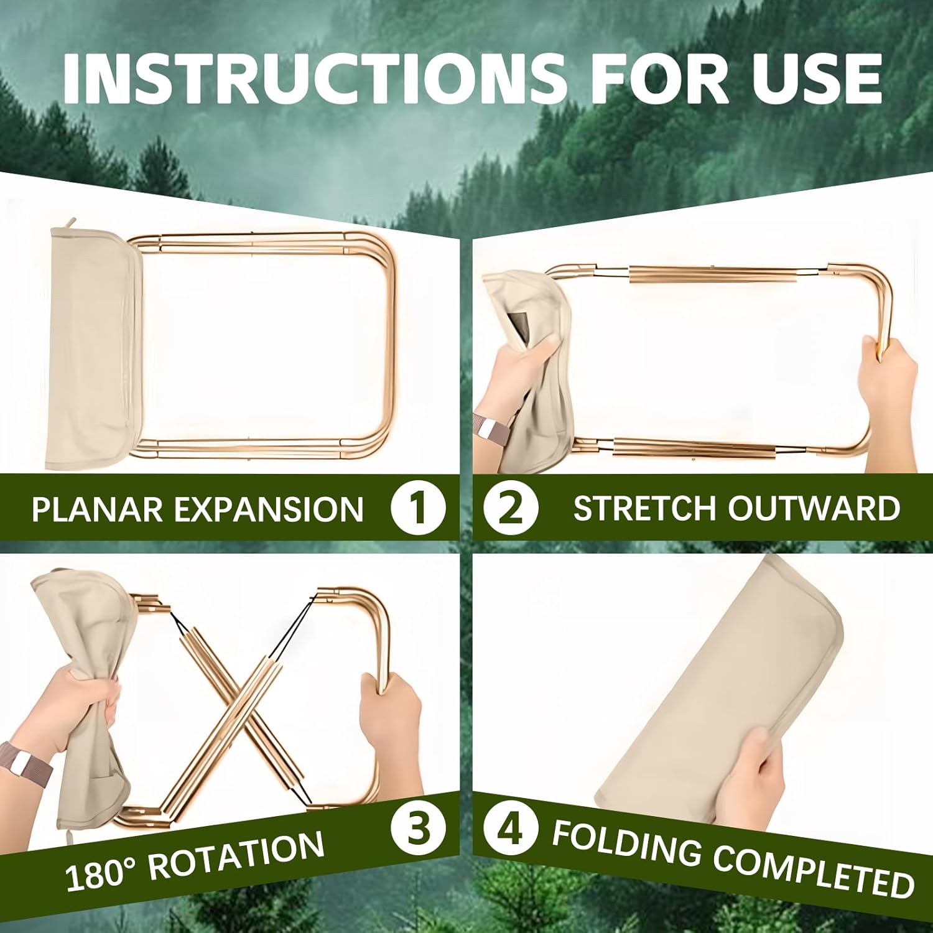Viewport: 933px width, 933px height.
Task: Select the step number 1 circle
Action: (x=418, y=507)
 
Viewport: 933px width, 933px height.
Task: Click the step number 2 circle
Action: (x=511, y=507)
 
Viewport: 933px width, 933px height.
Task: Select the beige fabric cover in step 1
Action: (x=93, y=348)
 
